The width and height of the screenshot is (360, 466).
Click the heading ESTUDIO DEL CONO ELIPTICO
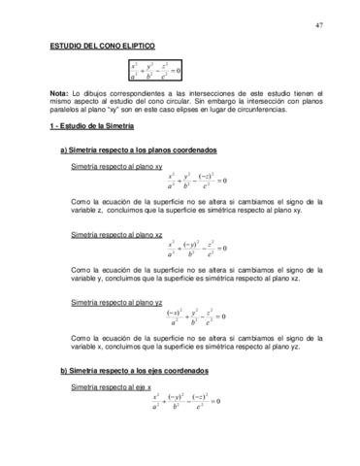coord(108,47)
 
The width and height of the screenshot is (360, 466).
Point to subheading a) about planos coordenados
coord(139,150)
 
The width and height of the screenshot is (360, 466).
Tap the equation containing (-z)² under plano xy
coord(197,183)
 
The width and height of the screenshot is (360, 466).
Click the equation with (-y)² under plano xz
coord(197,250)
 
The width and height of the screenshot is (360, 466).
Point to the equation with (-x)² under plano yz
coord(197,316)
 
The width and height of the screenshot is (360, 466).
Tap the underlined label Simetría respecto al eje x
coord(111,387)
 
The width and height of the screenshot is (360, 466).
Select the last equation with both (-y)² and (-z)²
coord(188,401)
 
